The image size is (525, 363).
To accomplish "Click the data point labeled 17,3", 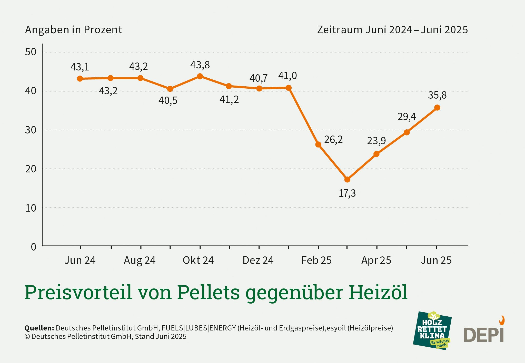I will pyautogui.click(x=347, y=180).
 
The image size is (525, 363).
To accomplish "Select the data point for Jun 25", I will pyautogui.click(x=437, y=108).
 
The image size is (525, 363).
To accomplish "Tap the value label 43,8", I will pyautogui.click(x=200, y=65).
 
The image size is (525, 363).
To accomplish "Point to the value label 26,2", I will pyautogui.click(x=333, y=140).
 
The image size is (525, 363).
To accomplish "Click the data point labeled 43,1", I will pyautogui.click(x=80, y=79).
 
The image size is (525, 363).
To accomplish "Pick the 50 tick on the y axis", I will pyautogui.click(x=31, y=52).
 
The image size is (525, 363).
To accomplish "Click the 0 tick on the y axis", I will pyautogui.click(x=33, y=247).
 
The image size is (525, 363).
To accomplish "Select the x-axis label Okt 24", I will pyautogui.click(x=198, y=260).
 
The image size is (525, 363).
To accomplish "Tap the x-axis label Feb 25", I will pyautogui.click(x=316, y=260).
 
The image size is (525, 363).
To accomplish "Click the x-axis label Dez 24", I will pyautogui.click(x=258, y=260).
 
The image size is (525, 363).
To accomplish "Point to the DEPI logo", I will pyautogui.click(x=484, y=332).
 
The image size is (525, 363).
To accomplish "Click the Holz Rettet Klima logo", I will pyautogui.click(x=432, y=330).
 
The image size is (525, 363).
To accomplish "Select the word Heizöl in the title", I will pyautogui.click(x=378, y=292).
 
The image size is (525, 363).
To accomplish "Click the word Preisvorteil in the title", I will pyautogui.click(x=78, y=292).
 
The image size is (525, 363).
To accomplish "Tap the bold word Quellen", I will pyautogui.click(x=39, y=328).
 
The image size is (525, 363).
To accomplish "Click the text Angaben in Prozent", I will pyautogui.click(x=73, y=30).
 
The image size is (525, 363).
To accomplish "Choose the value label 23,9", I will pyautogui.click(x=376, y=141).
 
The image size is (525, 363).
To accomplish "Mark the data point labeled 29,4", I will pyautogui.click(x=407, y=132).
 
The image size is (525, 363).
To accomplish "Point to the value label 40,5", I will pyautogui.click(x=168, y=101).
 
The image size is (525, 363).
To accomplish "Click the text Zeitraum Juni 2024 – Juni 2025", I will pyautogui.click(x=392, y=30).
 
